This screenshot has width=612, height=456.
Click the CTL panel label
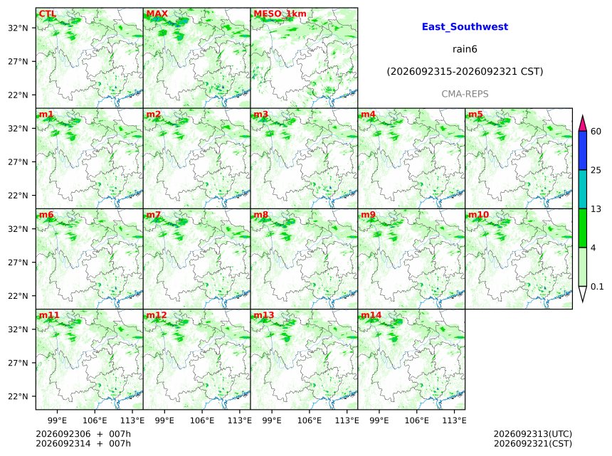(47, 14)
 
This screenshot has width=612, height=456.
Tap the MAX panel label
(157, 14)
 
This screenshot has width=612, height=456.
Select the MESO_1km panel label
(280, 14)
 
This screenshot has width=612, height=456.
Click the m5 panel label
(475, 114)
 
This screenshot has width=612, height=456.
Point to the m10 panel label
(478, 215)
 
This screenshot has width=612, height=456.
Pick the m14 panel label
(371, 315)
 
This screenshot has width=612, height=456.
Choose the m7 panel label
(154, 215)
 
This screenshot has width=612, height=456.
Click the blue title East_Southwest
(465, 26)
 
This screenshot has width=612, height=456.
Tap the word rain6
(465, 49)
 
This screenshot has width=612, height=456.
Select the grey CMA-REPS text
(465, 94)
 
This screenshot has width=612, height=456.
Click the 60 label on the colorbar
(596, 131)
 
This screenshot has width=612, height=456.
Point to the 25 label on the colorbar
(596, 170)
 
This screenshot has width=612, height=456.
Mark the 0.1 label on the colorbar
(597, 287)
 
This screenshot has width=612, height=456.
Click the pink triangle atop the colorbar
(583, 124)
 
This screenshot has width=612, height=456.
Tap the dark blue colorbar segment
(583, 151)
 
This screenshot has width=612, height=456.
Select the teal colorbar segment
(583, 189)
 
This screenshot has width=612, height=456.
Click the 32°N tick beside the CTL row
(18, 28)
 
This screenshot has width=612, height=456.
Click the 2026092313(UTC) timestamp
(533, 434)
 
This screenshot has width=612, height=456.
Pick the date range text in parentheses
(465, 71)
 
